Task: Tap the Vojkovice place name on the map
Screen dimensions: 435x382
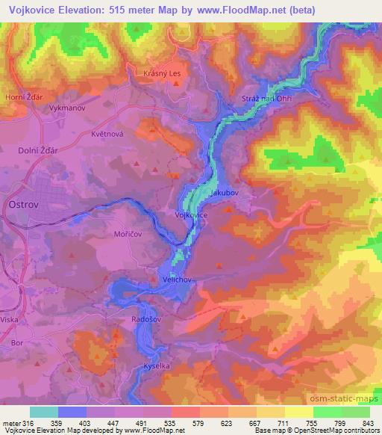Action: coord(190,215)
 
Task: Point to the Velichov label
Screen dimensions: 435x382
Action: coord(178,279)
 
